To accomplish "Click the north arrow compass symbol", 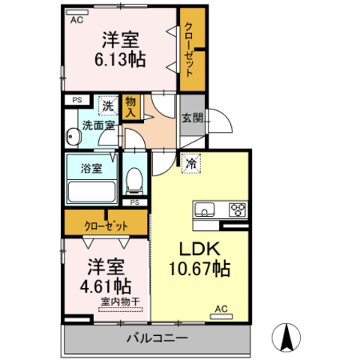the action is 286,337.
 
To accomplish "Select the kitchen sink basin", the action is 205,209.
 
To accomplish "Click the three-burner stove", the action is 237,209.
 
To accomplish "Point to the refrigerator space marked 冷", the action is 191,163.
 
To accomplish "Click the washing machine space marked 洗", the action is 108,106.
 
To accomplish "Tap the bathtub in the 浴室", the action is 91,192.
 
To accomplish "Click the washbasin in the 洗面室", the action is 73,136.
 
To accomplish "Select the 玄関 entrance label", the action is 192,118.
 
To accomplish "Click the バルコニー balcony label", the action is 157,338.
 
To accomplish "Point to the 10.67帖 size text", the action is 199,268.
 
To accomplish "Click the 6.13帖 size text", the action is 120,59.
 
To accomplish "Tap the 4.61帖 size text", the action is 106,286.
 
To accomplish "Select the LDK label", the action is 200,249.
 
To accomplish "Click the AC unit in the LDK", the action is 221,316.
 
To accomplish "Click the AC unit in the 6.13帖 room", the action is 77,12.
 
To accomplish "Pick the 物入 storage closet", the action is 131,107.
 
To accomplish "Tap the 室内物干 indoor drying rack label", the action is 120,301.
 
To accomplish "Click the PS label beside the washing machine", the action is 77,100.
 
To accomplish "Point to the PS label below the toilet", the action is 135,202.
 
